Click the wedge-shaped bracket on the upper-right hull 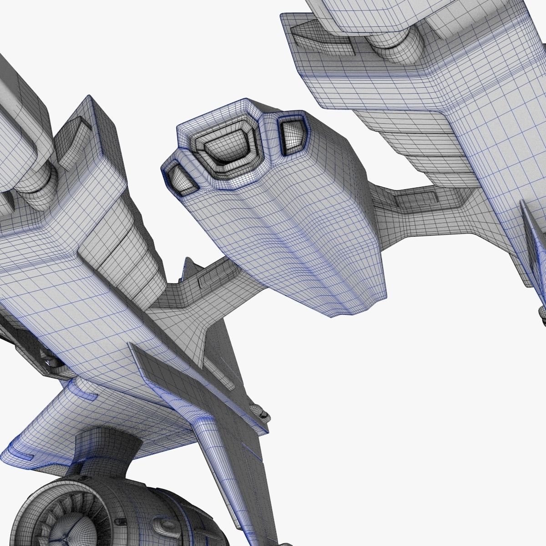point(318,36)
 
